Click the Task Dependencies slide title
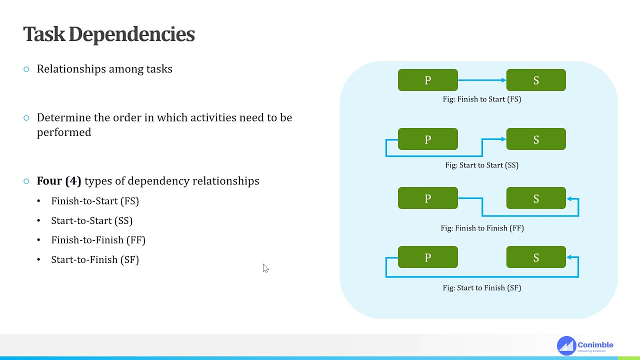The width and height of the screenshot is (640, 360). click(109, 34)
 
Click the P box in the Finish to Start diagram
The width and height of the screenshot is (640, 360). click(427, 80)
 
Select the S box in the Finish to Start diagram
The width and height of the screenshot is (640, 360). click(536, 80)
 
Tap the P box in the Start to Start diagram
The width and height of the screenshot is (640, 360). click(427, 139)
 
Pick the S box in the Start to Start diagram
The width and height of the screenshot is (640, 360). click(536, 139)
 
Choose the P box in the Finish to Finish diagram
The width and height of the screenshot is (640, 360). click(427, 198)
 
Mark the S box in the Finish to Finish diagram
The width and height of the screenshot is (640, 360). click(536, 198)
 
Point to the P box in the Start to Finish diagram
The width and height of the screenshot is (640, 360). click(427, 257)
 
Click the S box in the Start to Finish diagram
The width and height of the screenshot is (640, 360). click(536, 257)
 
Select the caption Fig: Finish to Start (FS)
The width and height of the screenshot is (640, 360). click(481, 99)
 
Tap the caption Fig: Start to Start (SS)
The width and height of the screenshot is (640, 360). click(481, 165)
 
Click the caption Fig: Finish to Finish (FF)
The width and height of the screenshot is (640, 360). click(481, 228)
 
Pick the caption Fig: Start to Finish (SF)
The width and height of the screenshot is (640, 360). click(481, 288)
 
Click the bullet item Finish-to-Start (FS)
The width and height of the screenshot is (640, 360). click(95, 201)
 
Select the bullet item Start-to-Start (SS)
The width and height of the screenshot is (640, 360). click(91, 220)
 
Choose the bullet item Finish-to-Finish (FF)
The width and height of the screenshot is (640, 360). click(98, 240)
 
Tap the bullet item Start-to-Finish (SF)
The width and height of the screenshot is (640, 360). click(95, 259)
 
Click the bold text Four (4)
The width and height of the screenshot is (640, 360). click(58, 181)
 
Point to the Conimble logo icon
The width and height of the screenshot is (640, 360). click(566, 345)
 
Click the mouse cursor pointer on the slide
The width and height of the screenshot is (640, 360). click(265, 268)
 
